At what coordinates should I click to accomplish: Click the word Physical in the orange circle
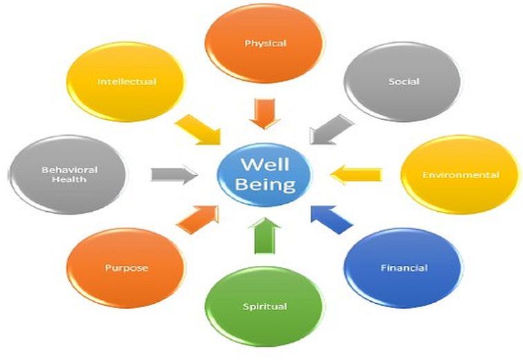coord(265,44)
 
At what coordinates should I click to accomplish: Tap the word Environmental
coord(460,175)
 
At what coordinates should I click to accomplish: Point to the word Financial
coord(404,267)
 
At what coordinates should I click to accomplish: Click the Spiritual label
coord(265,306)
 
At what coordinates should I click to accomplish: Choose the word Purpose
coord(126,267)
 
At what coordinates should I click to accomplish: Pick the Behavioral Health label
coord(69,174)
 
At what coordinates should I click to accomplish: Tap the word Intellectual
coord(127,81)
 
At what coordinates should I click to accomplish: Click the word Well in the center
coord(265,165)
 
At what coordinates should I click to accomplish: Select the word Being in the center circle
coord(265,185)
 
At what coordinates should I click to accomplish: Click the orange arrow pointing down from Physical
coord(264,112)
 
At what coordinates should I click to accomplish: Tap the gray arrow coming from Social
coord(330,128)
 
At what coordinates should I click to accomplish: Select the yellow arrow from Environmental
coord(356,174)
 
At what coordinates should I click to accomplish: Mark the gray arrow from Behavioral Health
coord(173,174)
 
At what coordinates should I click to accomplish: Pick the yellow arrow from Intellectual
coord(198,129)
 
